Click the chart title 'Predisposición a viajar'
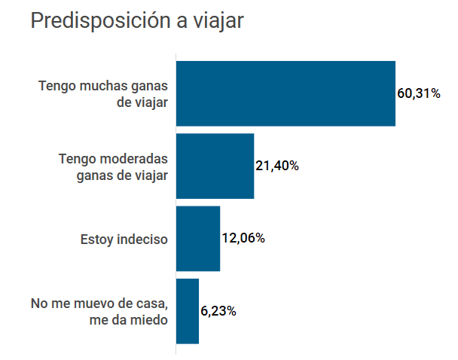click(136, 21)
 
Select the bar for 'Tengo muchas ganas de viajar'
click(285, 93)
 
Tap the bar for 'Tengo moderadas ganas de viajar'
click(215, 166)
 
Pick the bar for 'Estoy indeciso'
click(197, 238)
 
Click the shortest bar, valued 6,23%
click(187, 311)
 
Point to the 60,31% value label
click(419, 94)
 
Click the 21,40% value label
click(277, 166)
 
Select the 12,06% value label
click(243, 239)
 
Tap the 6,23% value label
click(218, 311)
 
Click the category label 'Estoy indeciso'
click(124, 239)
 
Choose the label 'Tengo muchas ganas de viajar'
click(103, 93)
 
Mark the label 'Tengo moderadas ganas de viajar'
click(113, 166)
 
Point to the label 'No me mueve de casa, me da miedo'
click(99, 311)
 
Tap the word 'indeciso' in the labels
click(142, 239)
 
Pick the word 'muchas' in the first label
click(102, 86)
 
